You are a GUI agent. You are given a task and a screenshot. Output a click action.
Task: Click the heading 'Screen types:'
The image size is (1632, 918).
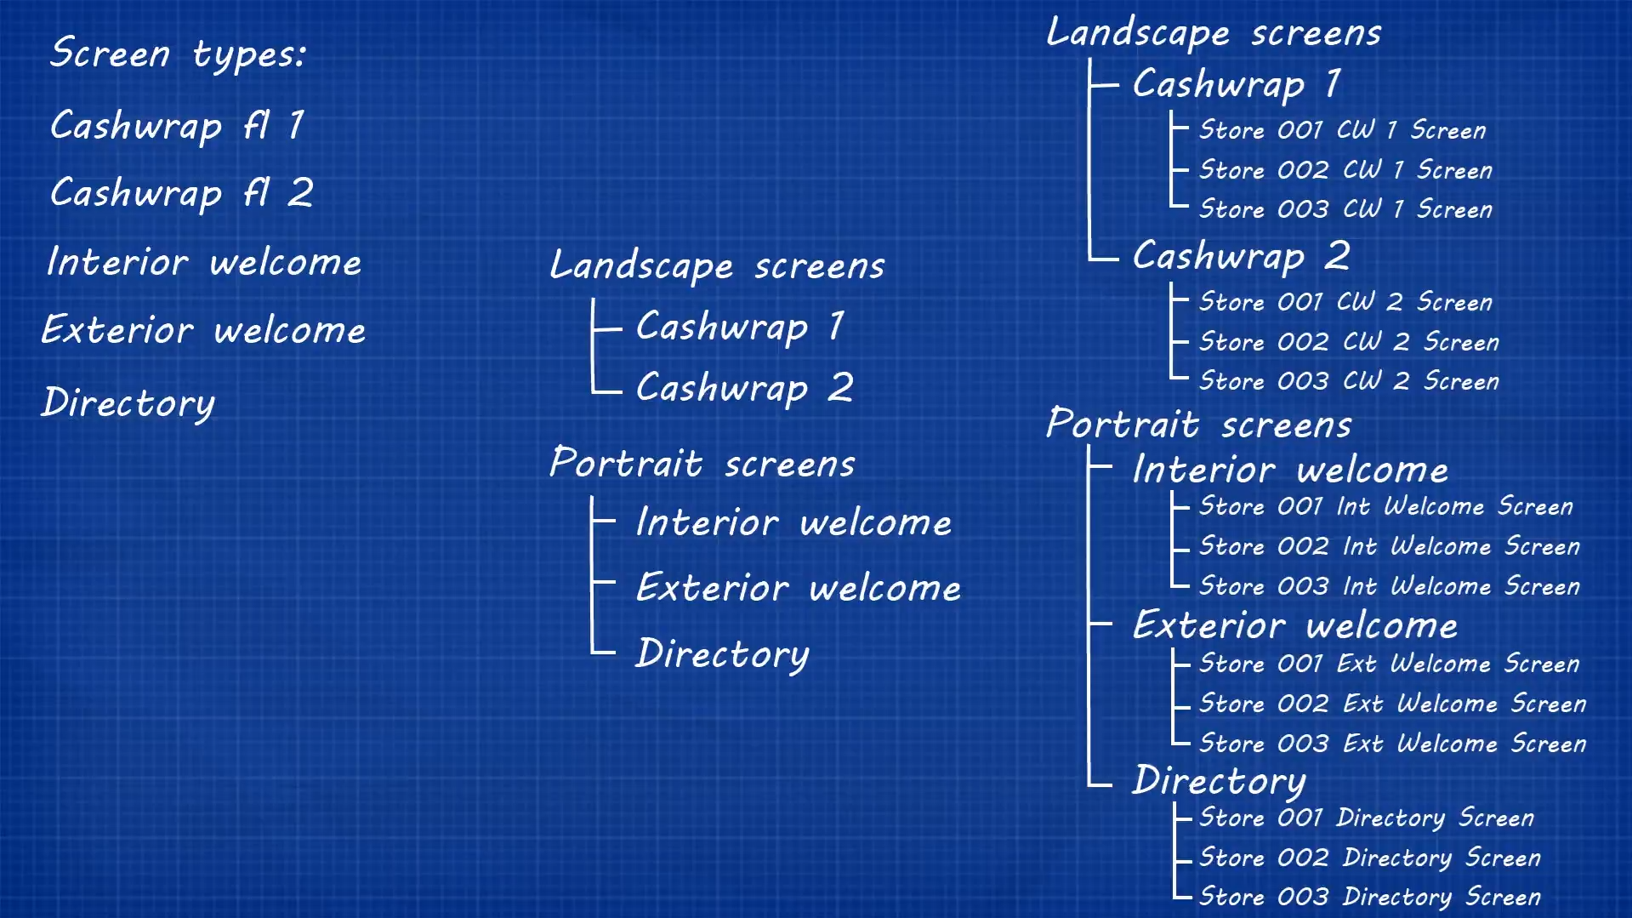coord(178,54)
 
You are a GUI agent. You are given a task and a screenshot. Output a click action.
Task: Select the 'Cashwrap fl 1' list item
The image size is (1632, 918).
coord(177,126)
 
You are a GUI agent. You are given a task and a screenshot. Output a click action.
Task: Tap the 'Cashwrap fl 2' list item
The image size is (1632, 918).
coord(182,193)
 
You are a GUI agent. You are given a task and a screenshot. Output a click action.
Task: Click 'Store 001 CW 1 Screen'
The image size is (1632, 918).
coord(1342,130)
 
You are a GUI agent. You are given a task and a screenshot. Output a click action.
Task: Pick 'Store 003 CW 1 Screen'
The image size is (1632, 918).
coord(1345,209)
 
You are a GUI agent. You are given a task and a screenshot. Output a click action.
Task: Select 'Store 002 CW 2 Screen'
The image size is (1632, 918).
coord(1349,342)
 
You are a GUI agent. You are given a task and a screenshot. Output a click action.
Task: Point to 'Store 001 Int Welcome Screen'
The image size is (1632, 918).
coord(1385,506)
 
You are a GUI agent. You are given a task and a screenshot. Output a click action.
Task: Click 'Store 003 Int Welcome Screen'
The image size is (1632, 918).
coord(1389,586)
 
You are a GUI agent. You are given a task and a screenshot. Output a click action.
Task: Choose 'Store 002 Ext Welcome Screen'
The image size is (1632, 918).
coord(1392,704)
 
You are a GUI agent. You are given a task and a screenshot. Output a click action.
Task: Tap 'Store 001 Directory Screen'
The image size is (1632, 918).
coord(1367,818)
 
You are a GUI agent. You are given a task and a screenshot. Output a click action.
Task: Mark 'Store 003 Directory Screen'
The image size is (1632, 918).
coord(1369,897)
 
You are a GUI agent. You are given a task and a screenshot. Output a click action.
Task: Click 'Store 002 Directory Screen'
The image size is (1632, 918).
coord(1369,858)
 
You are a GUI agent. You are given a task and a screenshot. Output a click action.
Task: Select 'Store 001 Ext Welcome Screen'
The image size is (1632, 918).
coord(1389,664)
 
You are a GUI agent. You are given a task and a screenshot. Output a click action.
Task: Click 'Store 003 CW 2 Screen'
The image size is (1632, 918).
coord(1349,381)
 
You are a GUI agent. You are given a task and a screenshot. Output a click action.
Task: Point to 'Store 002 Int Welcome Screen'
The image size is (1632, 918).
coord(1389,546)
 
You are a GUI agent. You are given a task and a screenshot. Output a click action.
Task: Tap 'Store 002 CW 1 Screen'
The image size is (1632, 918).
coord(1345,170)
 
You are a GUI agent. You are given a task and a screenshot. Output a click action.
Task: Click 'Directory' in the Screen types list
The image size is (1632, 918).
coord(128,402)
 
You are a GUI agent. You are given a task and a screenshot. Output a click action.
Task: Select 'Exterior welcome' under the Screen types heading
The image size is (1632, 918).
coord(204,330)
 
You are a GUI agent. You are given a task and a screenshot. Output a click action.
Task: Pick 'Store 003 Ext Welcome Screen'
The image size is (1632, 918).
coord(1392,744)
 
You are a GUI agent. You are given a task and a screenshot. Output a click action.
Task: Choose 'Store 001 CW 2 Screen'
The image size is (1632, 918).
coord(1345,302)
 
